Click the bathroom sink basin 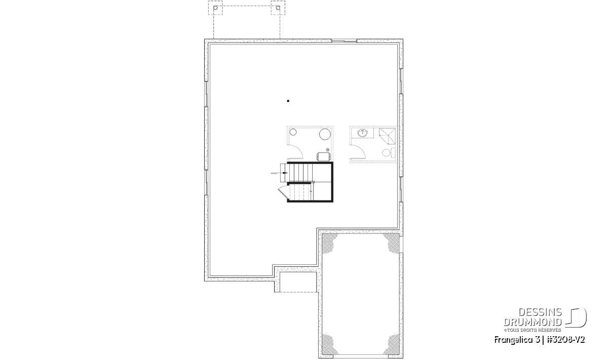tap(362, 133)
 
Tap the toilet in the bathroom tap(389, 153)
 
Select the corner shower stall tap(387, 137)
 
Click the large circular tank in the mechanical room tap(325, 134)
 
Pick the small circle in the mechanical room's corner tap(293, 132)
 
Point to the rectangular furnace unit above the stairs tap(324, 156)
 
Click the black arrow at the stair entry tap(280, 173)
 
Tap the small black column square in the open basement tap(288, 101)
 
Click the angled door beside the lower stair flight tap(283, 193)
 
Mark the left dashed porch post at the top tap(215, 8)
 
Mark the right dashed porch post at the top tap(278, 8)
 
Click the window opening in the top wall tap(344, 41)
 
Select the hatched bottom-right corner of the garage tap(392, 344)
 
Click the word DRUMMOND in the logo tap(533, 322)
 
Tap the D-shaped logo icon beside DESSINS tap(576, 317)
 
